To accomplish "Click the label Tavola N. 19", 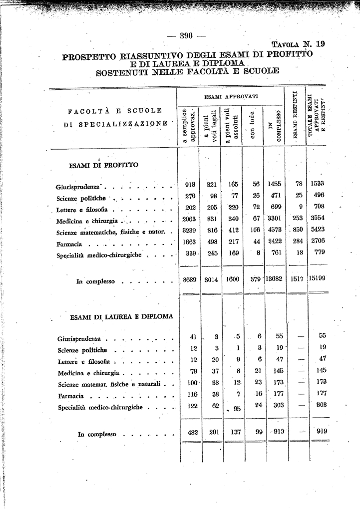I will [x=298, y=44].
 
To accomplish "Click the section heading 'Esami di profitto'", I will [x=103, y=165].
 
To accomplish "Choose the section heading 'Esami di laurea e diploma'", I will [x=121, y=316].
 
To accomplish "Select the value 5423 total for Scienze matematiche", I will [x=318, y=230].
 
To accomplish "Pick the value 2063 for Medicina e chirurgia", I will [x=189, y=218].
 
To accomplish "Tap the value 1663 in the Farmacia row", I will [x=189, y=242].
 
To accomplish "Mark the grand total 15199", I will [x=318, y=278].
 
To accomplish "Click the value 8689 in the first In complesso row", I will [x=189, y=280].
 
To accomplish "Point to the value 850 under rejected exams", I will [x=297, y=230].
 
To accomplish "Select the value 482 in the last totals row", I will [x=193, y=433].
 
